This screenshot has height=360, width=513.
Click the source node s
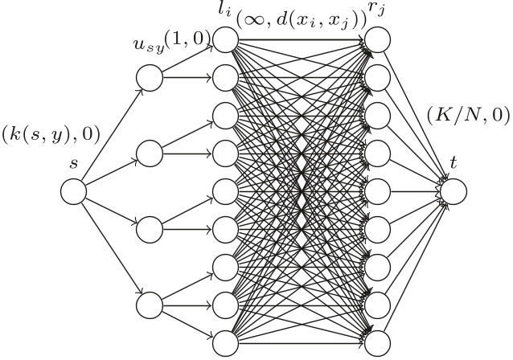74,191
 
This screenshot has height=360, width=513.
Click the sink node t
453,191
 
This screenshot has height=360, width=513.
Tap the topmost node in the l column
226,39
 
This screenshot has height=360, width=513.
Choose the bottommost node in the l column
226,342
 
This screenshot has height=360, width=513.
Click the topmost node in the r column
377,39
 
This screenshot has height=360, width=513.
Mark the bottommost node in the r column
377,342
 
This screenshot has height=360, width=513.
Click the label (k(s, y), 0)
51,134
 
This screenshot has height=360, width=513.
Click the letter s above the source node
74,163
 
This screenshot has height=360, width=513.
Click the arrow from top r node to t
413,113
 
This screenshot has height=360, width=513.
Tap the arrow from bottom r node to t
413,269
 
